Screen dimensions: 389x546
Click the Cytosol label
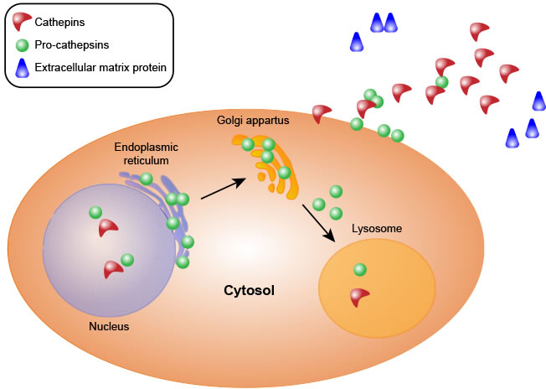coord(249,291)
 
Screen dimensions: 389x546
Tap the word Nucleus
coord(109,326)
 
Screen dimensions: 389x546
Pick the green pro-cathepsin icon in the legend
coord(21,43)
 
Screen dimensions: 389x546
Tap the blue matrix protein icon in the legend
coord(21,65)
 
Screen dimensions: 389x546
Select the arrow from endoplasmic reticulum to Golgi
coord(223,189)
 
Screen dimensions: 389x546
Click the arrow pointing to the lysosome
coord(319,224)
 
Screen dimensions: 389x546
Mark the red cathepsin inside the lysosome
coord(360,296)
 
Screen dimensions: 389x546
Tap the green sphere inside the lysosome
coord(360,269)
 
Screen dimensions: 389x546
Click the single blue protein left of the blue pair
coord(357,41)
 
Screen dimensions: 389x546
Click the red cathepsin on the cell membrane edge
coord(322,113)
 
